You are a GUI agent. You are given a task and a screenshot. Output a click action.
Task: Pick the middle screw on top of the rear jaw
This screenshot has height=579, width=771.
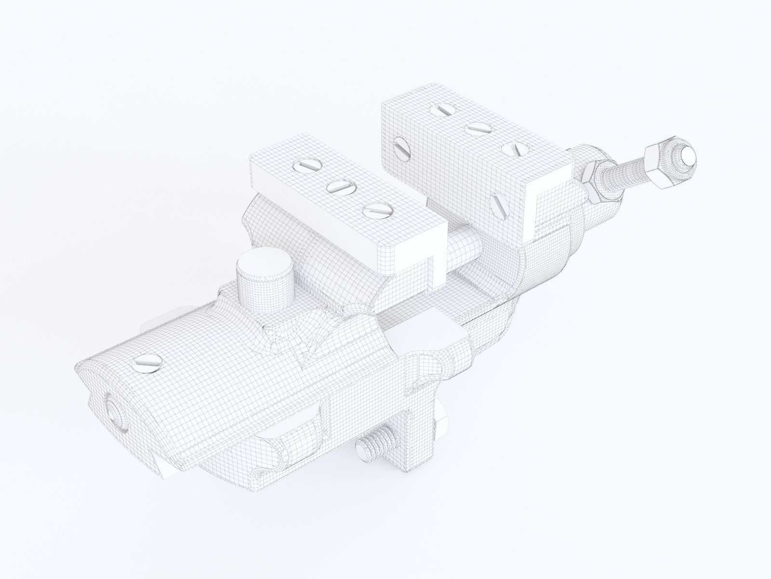click(478, 128)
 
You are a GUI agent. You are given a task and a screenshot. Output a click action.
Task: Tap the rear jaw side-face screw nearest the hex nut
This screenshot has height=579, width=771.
click(498, 205)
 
